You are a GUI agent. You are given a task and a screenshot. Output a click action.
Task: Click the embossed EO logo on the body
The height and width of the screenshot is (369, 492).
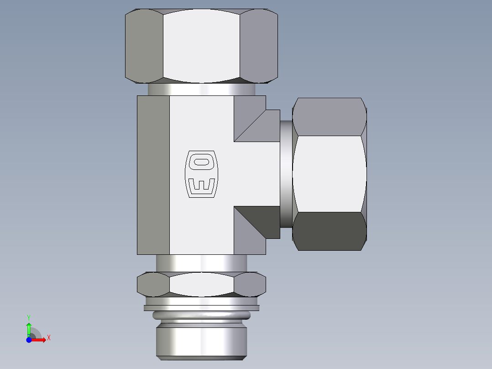pyautogui.click(x=201, y=174)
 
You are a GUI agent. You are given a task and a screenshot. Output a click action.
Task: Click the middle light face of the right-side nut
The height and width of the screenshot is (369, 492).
pyautogui.click(x=329, y=174)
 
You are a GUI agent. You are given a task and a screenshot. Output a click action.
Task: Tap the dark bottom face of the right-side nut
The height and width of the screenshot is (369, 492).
pyautogui.click(x=329, y=231)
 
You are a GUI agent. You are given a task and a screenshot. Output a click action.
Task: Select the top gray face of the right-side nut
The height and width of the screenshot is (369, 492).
pyautogui.click(x=329, y=116)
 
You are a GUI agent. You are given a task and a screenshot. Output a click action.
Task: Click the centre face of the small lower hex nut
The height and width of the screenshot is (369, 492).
pyautogui.click(x=201, y=284)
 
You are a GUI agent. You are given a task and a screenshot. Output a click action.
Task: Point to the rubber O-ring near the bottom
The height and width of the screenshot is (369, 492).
pyautogui.click(x=201, y=316)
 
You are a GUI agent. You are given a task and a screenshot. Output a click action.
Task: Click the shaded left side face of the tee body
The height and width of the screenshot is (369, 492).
pyautogui.click(x=153, y=174)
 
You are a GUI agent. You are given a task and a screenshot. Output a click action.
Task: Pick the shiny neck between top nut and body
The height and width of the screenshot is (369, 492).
pyautogui.click(x=201, y=89)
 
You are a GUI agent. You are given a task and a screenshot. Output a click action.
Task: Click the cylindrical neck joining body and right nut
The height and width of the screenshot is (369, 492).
pyautogui.click(x=286, y=174)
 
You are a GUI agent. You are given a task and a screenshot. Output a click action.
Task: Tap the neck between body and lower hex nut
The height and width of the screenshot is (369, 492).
pyautogui.click(x=201, y=263)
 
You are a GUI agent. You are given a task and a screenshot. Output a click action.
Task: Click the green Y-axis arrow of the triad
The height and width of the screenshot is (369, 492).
pyautogui.click(x=29, y=327)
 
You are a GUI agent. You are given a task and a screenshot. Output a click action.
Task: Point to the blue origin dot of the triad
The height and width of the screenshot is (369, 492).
pyautogui.click(x=29, y=339)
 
